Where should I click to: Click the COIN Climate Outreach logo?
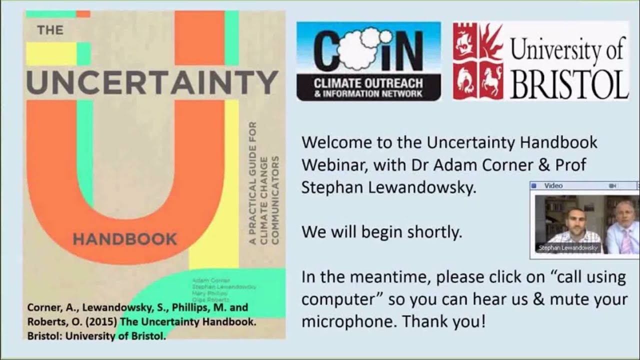click(x=368, y=61)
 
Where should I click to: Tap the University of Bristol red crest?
click(x=478, y=61)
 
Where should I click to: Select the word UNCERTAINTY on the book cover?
click(x=152, y=82)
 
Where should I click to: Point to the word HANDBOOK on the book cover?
click(x=124, y=239)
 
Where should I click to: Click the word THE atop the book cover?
click(x=50, y=30)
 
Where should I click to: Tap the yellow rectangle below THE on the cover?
click(x=51, y=54)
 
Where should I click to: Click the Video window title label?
click(x=553, y=186)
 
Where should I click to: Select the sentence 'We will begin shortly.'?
click(x=381, y=232)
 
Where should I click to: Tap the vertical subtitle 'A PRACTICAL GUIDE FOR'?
click(x=252, y=183)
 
